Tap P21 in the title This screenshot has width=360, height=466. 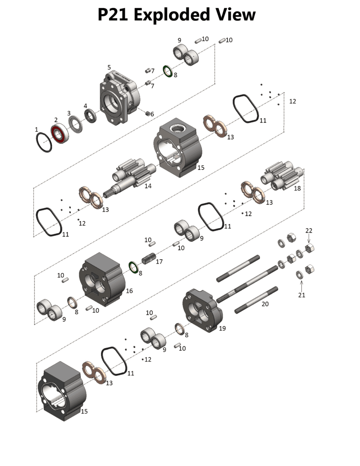(x=113, y=15)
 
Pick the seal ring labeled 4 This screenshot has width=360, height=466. (x=90, y=116)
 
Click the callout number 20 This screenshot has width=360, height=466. (x=265, y=304)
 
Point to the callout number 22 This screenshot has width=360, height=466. (x=309, y=231)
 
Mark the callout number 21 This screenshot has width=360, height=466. (x=302, y=295)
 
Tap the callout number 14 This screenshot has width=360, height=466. (x=148, y=186)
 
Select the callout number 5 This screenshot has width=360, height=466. (x=109, y=68)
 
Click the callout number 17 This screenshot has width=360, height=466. (x=159, y=261)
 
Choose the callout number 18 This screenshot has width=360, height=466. (x=297, y=189)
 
